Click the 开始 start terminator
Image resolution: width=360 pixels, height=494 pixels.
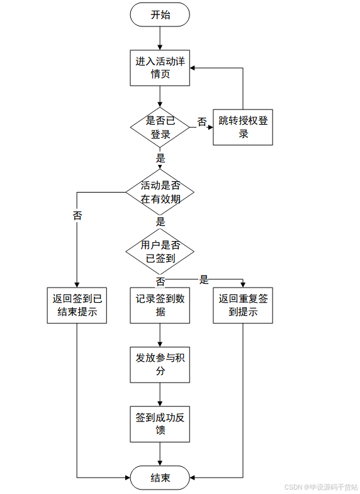coord(160,14)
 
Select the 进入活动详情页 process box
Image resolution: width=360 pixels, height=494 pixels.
coord(160,68)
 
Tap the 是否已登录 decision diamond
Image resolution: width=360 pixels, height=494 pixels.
coord(160,127)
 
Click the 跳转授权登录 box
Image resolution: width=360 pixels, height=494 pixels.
coord(243,127)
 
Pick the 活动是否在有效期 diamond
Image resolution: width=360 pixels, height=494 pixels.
coord(160,192)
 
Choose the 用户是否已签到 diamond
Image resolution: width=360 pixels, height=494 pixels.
coord(160,252)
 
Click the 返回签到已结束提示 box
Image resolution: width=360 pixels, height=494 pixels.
coord(77,305)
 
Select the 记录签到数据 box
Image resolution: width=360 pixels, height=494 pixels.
coord(160,305)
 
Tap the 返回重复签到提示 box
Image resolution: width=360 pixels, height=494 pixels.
coord(243,305)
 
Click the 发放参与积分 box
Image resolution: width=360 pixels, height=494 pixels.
coord(160,365)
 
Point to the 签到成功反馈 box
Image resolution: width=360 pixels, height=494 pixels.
coord(160,424)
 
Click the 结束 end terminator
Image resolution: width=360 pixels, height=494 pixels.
coord(160,478)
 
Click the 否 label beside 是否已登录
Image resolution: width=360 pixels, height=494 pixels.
coord(202,122)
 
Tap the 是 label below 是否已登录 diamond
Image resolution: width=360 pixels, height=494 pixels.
coord(160,158)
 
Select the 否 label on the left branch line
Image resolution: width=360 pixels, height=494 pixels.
coord(77,215)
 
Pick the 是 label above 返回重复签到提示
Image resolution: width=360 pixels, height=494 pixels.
coord(204,279)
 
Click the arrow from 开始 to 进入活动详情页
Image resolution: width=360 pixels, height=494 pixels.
coord(160,38)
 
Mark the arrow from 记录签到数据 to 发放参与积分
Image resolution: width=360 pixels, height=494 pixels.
coord(160,335)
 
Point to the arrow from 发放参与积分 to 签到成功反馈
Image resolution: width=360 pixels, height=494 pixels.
coord(160,395)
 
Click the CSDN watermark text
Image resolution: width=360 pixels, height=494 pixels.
coord(321,487)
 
